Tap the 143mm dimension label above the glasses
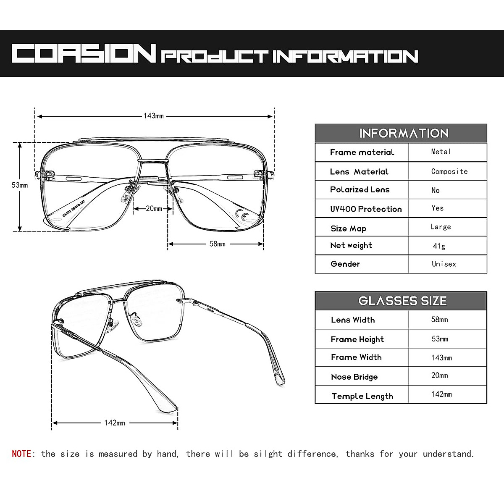pos(153,116)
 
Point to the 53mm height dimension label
pos(20,185)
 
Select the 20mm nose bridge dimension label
pos(154,209)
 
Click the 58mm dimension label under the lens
pos(217,244)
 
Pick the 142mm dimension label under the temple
pos(114,423)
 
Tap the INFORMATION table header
pos(404,134)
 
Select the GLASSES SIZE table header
pos(402,301)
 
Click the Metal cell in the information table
pos(441,152)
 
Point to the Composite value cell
pos(449,171)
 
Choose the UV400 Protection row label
pos(366,209)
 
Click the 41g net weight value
pos(439,246)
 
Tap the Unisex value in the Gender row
pos(444,264)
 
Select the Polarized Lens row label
pos(360,190)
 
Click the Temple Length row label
pos(362,396)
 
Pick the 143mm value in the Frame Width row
pos(441,358)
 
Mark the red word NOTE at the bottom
pos(21,454)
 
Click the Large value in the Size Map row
pos(440,227)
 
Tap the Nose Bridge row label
pos(354,377)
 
